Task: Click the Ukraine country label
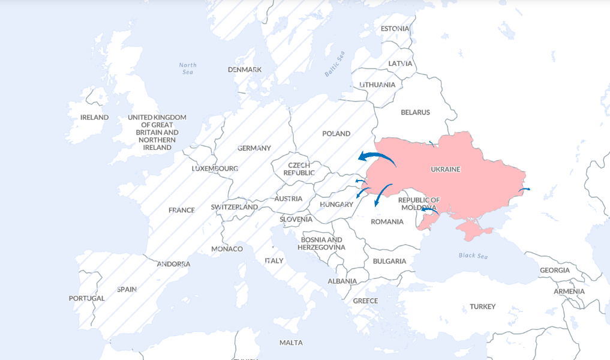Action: click(445, 169)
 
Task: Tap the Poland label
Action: click(336, 134)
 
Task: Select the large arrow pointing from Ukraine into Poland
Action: click(375, 157)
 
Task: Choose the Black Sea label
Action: click(473, 256)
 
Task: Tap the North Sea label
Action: click(188, 68)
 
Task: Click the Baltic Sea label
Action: click(335, 64)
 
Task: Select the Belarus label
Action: click(415, 112)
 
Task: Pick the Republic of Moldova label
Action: click(419, 203)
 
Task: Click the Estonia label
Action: click(395, 28)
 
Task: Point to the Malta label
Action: click(291, 343)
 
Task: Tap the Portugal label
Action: click(86, 298)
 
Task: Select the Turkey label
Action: click(482, 307)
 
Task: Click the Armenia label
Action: click(569, 291)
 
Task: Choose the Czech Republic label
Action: click(299, 169)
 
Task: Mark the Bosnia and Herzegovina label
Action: click(321, 244)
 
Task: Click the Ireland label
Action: click(94, 117)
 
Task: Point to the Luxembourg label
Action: click(215, 169)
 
